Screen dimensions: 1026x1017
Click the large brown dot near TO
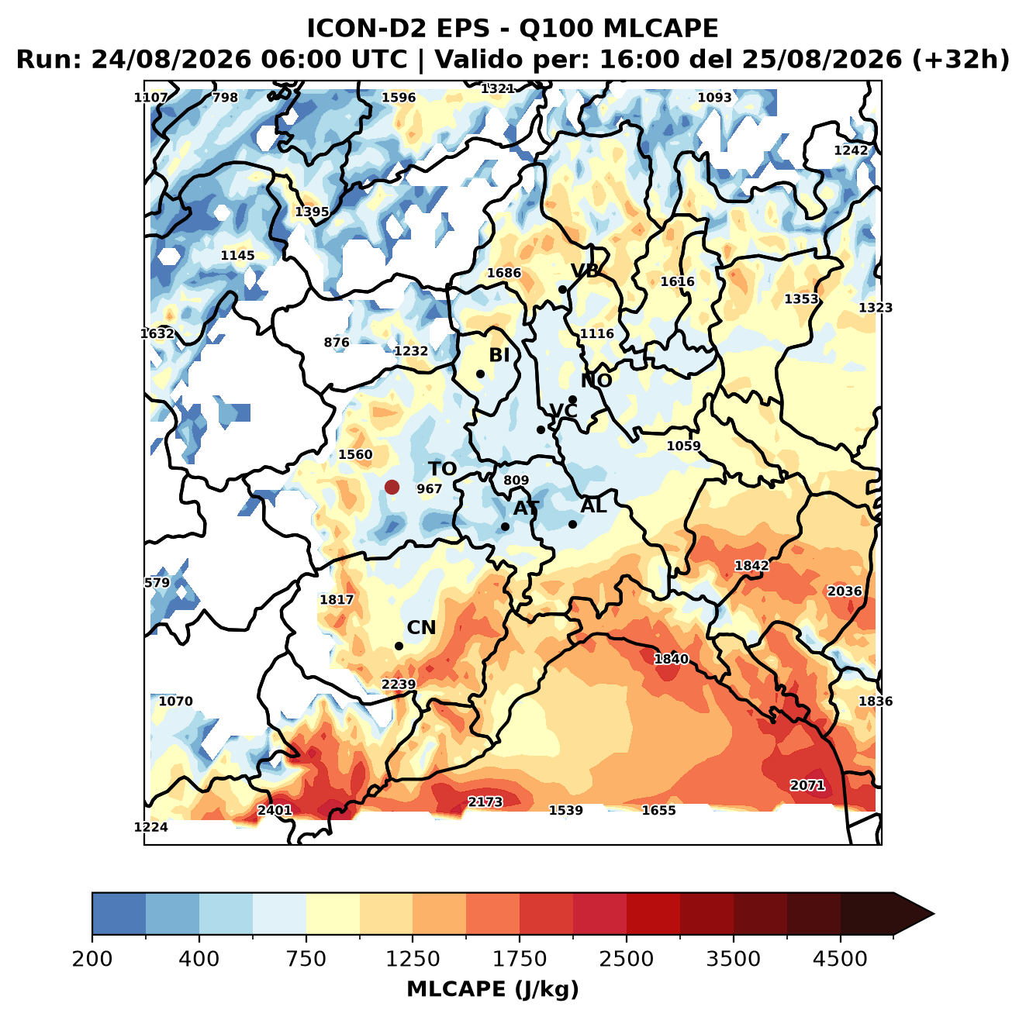tap(392, 487)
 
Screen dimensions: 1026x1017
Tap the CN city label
tap(421, 628)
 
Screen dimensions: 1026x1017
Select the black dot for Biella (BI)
tap(480, 374)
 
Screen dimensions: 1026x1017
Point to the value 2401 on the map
tap(275, 810)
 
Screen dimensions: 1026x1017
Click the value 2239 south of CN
tap(399, 684)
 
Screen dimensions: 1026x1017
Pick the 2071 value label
tap(807, 785)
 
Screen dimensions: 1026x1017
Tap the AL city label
tap(594, 505)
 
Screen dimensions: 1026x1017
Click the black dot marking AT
tap(505, 527)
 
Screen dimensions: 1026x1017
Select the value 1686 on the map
tap(504, 273)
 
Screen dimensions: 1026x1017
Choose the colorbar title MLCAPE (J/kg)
tap(492, 989)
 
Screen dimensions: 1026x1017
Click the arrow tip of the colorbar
tap(934, 915)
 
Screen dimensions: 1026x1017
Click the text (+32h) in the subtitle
tap(961, 60)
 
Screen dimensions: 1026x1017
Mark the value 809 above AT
tap(516, 480)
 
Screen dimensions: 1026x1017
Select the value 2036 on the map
tap(845, 591)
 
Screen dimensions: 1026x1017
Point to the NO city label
tap(596, 381)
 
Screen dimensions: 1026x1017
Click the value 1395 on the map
tap(312, 212)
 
